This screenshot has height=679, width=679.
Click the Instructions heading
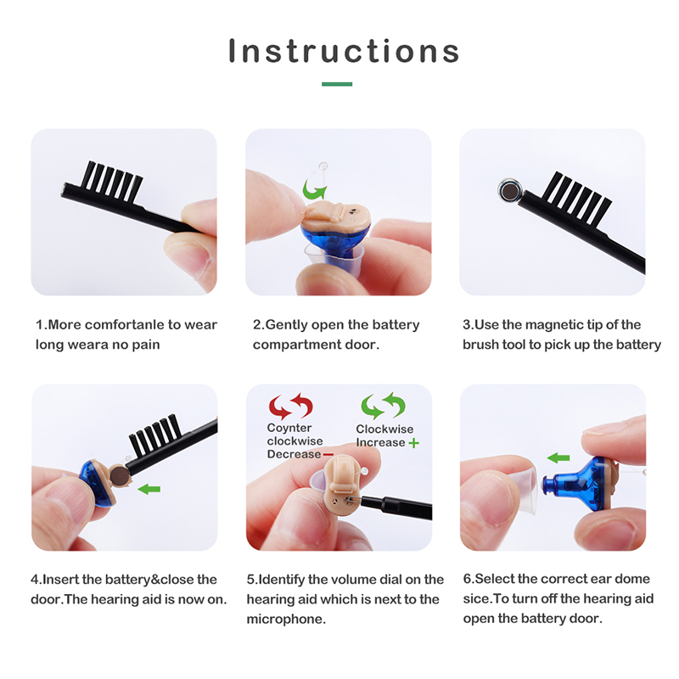coord(344,51)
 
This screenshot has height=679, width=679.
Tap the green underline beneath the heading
coord(337,84)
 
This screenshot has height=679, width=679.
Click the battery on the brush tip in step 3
coord(510,190)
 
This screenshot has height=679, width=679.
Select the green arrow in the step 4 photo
coord(149,489)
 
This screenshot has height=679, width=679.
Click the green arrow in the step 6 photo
coord(558,457)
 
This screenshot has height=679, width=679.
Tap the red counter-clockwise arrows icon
coord(290,407)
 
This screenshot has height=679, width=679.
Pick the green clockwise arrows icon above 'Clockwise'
coord(384,406)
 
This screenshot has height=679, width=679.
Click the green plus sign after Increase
coord(414,443)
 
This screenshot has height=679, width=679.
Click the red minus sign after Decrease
coord(328,454)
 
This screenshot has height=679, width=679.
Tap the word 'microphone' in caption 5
coord(285,619)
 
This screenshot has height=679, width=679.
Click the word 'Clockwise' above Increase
coord(384,429)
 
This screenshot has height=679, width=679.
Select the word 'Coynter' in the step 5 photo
coord(289,428)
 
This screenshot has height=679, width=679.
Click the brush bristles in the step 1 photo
coord(113,181)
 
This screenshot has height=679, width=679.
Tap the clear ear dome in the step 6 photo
coord(522,491)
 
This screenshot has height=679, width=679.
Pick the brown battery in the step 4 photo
coord(119,475)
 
